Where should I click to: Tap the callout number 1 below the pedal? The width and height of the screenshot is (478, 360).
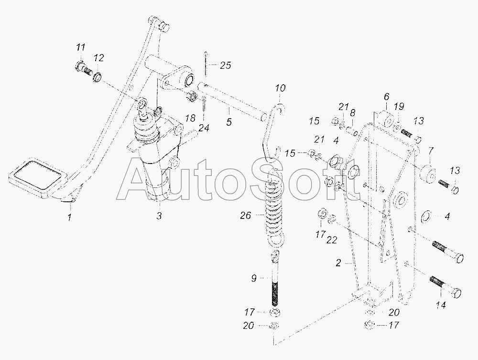point(70,218)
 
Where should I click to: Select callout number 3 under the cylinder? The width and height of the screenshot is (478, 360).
point(159,216)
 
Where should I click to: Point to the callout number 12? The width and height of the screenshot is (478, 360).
point(99,58)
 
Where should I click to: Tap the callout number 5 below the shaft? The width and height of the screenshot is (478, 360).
point(229,122)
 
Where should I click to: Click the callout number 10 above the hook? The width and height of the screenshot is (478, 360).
point(280,88)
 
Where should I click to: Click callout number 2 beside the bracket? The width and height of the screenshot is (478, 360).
point(338,262)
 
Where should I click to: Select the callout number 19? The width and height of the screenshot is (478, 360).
point(399,107)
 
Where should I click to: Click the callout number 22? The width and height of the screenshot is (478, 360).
point(332,240)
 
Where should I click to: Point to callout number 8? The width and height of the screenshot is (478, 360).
point(352,113)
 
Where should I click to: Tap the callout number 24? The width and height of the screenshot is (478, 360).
point(204,128)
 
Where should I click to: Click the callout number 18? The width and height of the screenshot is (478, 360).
point(190,118)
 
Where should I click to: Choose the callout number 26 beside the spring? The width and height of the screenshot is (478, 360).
point(245,216)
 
